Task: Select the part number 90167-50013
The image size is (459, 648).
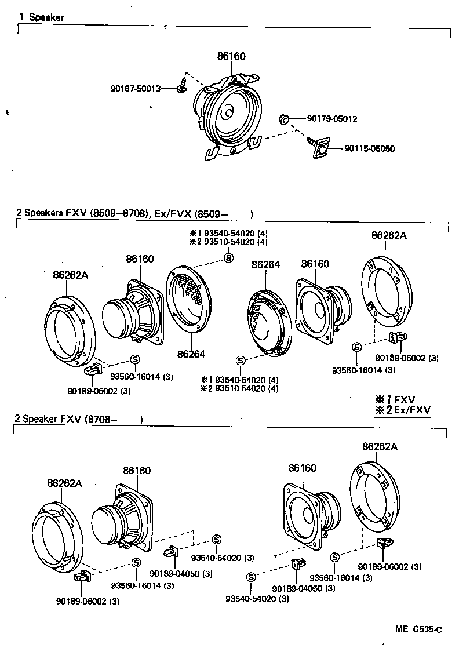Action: (x=135, y=89)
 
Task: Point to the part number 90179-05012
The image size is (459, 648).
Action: (x=331, y=119)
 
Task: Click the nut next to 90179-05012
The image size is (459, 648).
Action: (x=282, y=119)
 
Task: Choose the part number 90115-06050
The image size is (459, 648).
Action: (x=369, y=148)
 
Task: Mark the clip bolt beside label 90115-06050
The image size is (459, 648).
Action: (x=318, y=146)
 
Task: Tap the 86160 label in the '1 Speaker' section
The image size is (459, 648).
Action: (x=231, y=56)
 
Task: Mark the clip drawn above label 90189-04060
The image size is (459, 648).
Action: (x=298, y=564)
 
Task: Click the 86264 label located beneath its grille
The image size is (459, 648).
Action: (x=191, y=354)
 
